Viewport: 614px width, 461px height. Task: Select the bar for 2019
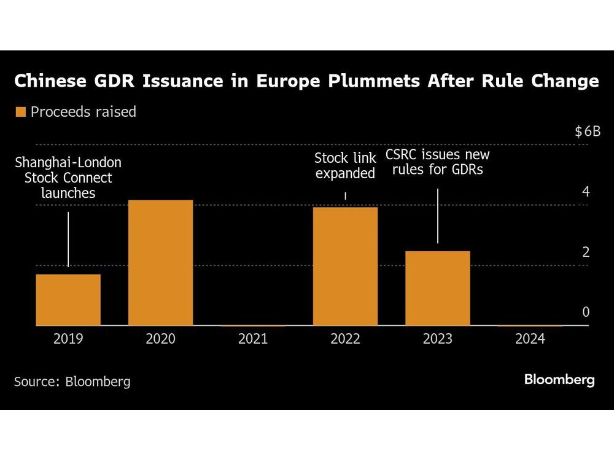click(x=68, y=299)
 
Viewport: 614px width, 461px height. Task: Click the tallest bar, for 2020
click(x=160, y=262)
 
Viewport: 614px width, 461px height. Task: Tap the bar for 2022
click(x=345, y=266)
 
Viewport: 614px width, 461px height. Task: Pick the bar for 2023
click(x=437, y=288)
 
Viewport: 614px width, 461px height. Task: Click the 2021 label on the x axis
click(x=252, y=339)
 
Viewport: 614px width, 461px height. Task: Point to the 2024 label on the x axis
click(x=529, y=339)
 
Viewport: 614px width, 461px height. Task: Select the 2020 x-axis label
click(x=160, y=339)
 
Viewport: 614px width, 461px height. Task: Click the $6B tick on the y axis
click(x=587, y=132)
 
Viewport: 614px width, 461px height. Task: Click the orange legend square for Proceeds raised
click(x=20, y=112)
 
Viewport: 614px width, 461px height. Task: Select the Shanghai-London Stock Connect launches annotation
click(x=68, y=178)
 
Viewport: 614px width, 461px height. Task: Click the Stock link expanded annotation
click(x=345, y=165)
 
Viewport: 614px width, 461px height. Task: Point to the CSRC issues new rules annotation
click(x=437, y=162)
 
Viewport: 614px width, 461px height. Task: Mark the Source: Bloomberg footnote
click(x=72, y=381)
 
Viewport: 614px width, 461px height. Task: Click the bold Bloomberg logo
click(x=559, y=380)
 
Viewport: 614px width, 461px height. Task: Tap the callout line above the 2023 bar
click(x=437, y=216)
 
